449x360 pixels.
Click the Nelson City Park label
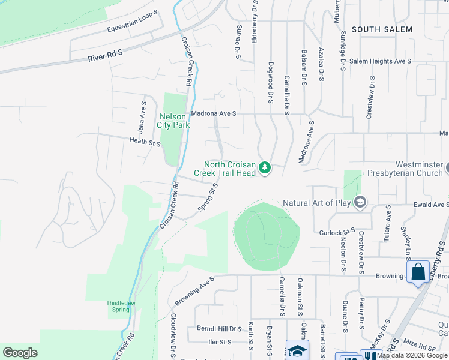point(173,121)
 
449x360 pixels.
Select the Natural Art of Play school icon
point(360,202)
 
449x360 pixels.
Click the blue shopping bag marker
point(418,272)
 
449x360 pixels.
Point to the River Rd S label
point(105,56)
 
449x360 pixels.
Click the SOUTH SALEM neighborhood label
point(382,29)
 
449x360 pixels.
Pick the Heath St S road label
point(145,142)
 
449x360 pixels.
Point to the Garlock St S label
point(337,232)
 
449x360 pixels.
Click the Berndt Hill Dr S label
point(218,329)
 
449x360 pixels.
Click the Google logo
point(20,353)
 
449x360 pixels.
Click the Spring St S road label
point(208,197)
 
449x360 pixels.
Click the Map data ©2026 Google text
point(412,355)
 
